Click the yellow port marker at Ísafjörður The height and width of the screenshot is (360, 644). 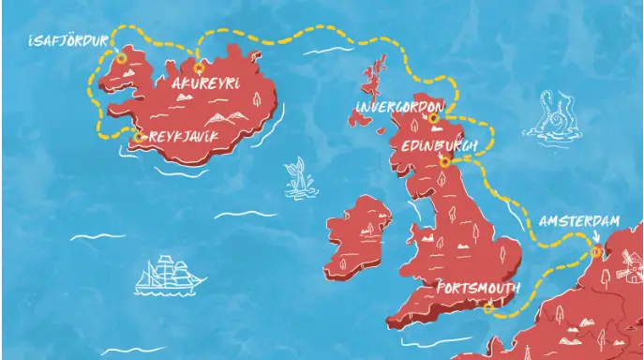(x=121, y=58)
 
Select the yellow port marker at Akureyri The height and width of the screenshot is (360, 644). (x=198, y=67)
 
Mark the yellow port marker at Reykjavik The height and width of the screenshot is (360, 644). (x=140, y=137)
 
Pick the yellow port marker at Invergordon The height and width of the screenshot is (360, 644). (x=433, y=118)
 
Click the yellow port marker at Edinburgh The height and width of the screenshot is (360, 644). (x=445, y=161)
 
